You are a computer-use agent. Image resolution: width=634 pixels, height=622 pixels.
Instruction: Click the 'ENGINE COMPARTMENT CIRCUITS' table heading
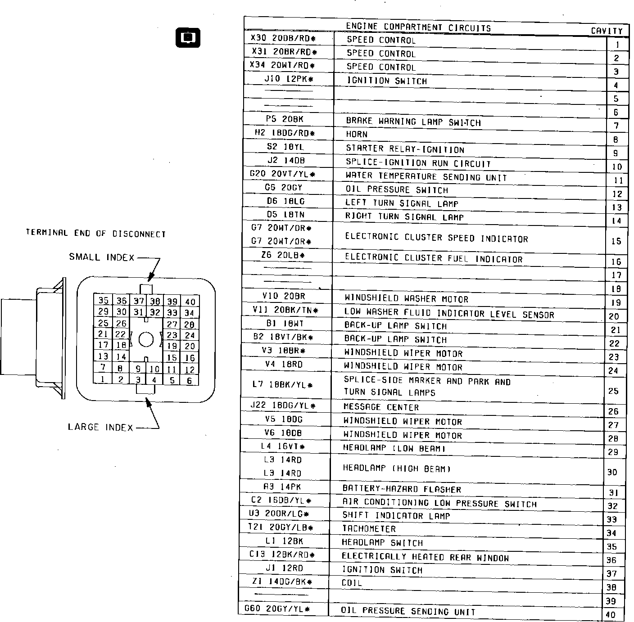pos(418,27)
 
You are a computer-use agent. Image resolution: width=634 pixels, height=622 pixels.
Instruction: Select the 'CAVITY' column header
pos(607,31)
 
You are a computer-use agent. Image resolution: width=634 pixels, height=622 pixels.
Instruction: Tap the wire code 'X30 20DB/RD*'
pos(283,39)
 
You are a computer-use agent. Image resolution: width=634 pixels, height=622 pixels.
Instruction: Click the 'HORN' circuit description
pos(357,134)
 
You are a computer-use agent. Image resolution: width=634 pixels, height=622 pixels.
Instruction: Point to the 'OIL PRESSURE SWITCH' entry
pos(396,189)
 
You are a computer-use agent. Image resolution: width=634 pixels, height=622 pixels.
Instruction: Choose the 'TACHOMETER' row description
pos(369,529)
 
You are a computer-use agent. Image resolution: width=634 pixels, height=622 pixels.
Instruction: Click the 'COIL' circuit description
pos(352,583)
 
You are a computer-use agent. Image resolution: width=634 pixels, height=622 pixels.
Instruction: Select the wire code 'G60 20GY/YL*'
pos(277,609)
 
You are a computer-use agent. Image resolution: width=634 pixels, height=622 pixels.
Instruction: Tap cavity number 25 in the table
pos(613,391)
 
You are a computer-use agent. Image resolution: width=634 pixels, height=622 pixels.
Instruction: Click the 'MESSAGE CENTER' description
pos(381,407)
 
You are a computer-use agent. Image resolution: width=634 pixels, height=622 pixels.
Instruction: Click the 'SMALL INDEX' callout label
pos(102,257)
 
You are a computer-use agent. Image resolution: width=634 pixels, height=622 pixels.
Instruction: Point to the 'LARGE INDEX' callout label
pos(101,427)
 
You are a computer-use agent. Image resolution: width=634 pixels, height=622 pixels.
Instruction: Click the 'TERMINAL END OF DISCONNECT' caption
pos(96,233)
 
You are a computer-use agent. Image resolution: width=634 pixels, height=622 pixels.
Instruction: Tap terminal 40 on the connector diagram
pos(190,302)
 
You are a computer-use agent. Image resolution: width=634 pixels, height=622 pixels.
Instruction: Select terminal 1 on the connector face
pos(103,379)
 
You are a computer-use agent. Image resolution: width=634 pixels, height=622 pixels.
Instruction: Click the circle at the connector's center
pos(146,339)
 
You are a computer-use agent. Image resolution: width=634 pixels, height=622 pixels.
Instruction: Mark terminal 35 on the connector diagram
pos(103,301)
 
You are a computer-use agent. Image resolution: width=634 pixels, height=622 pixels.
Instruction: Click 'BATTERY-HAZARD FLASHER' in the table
pos(402,489)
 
